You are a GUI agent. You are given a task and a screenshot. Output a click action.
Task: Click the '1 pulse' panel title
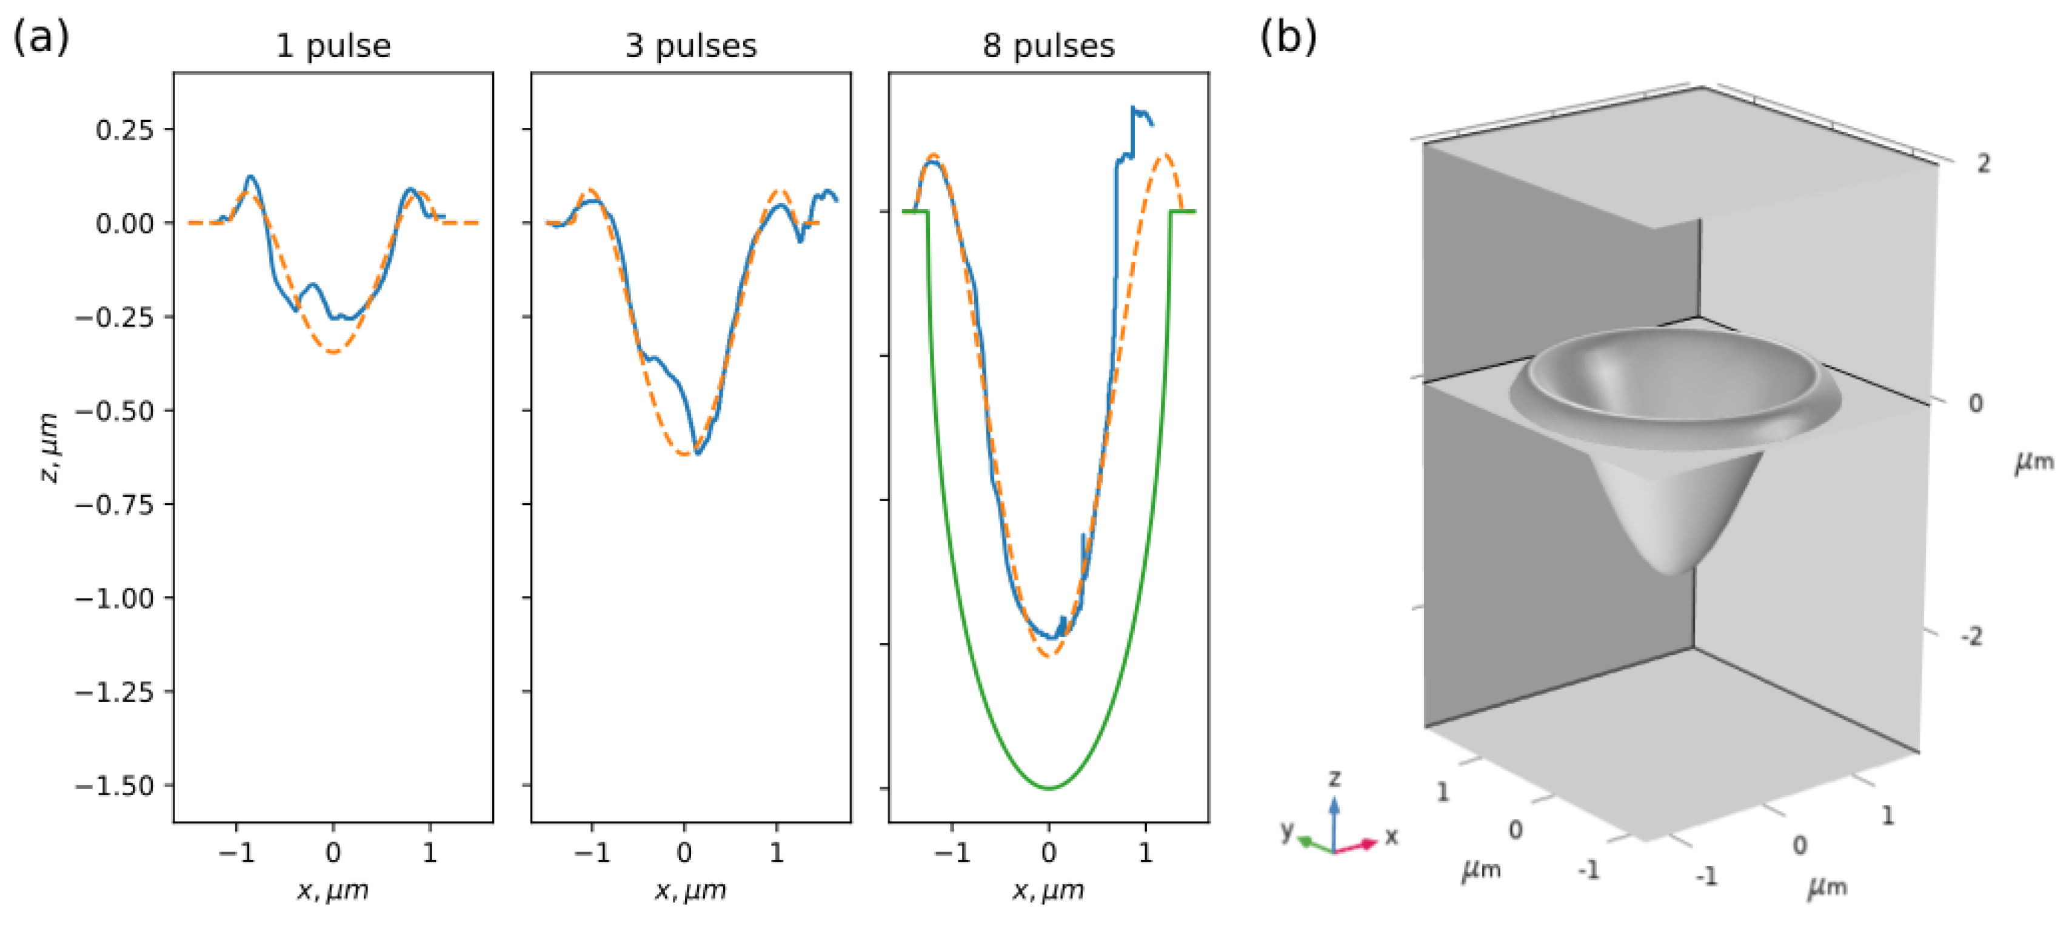(x=333, y=46)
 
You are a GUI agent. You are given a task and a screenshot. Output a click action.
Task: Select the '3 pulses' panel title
(x=690, y=46)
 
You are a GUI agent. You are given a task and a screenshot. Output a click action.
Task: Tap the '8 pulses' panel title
(x=1048, y=46)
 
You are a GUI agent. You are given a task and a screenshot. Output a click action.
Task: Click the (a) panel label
(x=40, y=36)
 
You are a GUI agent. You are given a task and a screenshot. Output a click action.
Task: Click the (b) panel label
(x=1288, y=36)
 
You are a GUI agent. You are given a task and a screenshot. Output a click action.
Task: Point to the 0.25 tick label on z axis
(x=124, y=129)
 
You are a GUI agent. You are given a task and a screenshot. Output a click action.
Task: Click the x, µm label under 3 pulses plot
(x=690, y=890)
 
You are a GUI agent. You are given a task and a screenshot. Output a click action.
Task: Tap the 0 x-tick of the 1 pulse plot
(x=333, y=852)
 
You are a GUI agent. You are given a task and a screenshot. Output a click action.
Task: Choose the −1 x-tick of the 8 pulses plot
(x=952, y=852)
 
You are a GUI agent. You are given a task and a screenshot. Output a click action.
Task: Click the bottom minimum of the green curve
(x=1049, y=788)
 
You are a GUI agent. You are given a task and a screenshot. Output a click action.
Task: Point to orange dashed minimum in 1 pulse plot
(x=333, y=351)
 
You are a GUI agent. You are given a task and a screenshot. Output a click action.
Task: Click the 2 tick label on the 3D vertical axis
(x=1983, y=164)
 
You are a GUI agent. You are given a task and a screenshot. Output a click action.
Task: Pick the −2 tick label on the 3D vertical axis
(x=1972, y=637)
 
